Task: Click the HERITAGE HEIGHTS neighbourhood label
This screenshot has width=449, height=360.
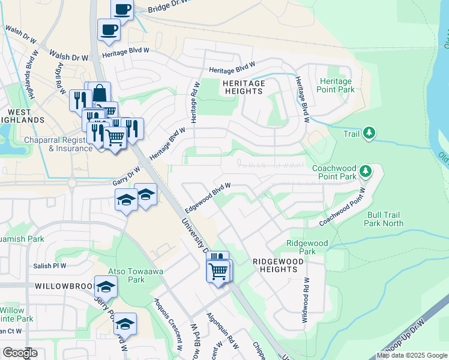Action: [243, 87]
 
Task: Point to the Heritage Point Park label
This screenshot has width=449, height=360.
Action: [336, 85]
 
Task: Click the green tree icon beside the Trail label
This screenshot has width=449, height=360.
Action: [370, 132]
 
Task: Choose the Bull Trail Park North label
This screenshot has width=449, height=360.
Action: [384, 218]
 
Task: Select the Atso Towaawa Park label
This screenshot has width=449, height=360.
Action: [127, 275]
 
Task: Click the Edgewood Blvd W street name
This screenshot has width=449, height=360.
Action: [208, 197]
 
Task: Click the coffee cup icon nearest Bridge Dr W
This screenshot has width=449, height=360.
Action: [122, 9]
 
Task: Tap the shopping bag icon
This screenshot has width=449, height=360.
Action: [100, 93]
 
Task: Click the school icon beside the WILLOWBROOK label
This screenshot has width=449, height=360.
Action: [106, 289]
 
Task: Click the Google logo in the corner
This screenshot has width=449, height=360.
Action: [20, 353]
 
